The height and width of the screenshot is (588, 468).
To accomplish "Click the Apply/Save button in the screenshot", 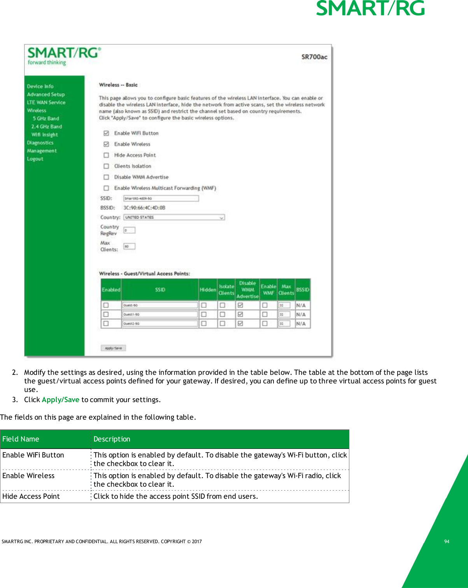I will point(113,348).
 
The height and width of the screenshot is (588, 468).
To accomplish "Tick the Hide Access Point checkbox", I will point(106,155).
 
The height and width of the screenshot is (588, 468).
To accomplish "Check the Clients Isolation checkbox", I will point(106,166).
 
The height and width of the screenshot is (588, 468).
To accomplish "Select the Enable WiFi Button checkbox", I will point(106,133).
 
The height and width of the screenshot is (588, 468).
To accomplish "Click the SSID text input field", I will point(161,198).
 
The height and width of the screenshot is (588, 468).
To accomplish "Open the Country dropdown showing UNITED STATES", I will point(174,217).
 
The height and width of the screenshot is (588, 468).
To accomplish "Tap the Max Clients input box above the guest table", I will point(129,246).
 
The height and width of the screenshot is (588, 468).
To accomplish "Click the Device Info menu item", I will point(40,87).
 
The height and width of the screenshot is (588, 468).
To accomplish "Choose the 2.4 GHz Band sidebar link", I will point(46,127).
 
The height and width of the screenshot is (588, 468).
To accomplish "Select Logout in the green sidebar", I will point(35,159).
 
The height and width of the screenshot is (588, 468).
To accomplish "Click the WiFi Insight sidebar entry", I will point(44,135).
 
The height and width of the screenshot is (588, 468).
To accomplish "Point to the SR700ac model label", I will point(314,57).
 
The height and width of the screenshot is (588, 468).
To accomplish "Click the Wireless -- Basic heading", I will point(118,85).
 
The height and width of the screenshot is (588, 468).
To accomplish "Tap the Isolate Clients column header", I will point(226,290).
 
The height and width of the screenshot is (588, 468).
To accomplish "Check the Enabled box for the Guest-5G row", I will point(106,305).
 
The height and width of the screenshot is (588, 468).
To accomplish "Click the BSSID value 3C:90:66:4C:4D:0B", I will point(144,208).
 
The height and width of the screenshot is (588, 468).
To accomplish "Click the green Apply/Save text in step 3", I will point(61,400).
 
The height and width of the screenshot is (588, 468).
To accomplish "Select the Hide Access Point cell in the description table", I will point(31,496).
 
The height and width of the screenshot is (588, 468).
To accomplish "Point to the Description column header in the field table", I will point(112,439).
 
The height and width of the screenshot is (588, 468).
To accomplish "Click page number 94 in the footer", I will point(447,542).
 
